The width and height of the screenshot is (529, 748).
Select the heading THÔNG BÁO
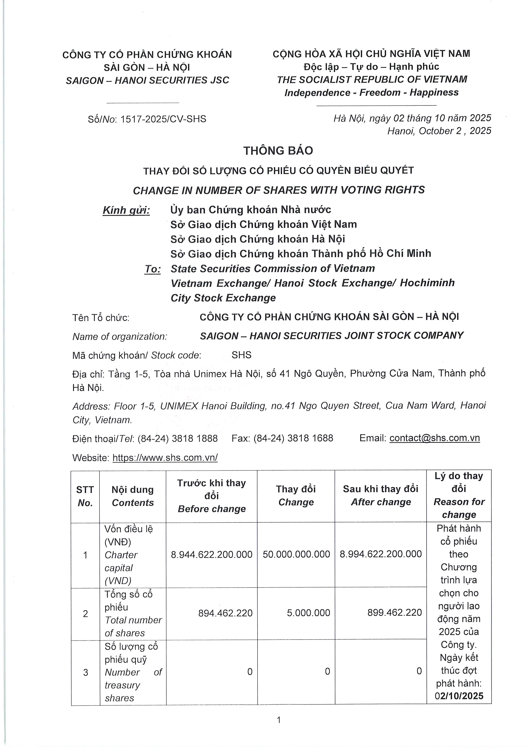[278, 151]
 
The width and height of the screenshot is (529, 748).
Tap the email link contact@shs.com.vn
[434, 438]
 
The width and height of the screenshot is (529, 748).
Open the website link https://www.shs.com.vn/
[165, 458]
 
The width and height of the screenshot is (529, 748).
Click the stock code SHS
[242, 355]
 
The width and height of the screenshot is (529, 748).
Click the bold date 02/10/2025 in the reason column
[459, 696]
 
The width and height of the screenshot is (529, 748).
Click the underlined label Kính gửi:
[127, 210]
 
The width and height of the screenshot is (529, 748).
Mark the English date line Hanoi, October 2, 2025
[439, 131]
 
